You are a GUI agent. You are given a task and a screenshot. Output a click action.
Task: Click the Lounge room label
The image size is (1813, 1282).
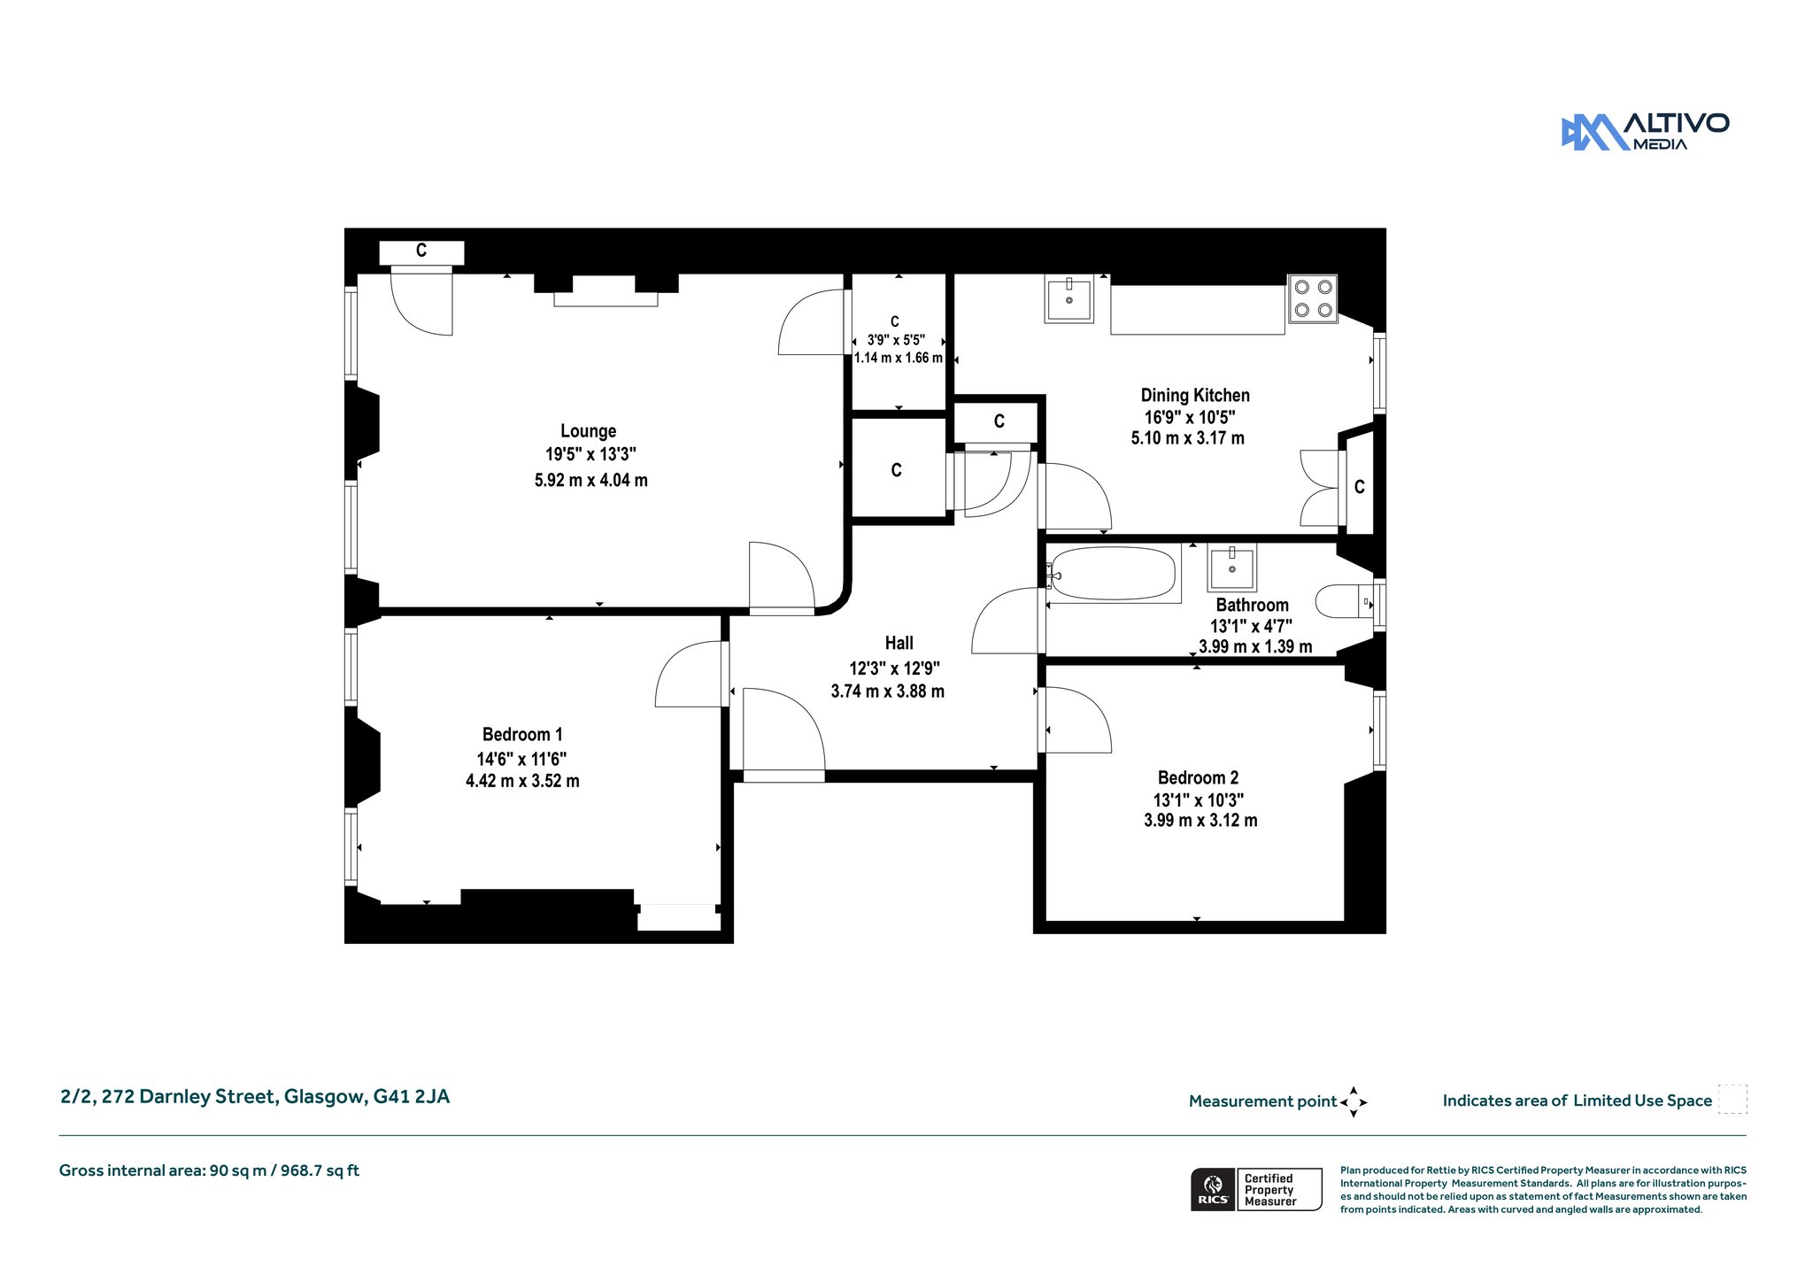click(588, 431)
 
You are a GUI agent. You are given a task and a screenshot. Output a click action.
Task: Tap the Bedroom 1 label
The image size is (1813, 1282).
click(522, 734)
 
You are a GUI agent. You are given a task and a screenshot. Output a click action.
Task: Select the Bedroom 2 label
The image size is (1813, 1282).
click(1198, 777)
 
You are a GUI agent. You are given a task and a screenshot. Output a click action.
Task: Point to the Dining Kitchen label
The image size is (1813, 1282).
click(1195, 396)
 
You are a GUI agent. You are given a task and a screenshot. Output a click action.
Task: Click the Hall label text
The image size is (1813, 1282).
click(899, 643)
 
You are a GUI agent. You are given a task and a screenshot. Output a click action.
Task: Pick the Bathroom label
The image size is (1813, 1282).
click(1252, 605)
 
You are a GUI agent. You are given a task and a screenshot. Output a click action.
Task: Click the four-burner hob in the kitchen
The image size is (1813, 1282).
click(1313, 298)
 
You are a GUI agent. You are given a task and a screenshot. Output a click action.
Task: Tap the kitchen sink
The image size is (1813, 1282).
click(1069, 298)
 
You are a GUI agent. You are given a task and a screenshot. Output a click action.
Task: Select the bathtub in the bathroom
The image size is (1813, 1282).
click(1113, 575)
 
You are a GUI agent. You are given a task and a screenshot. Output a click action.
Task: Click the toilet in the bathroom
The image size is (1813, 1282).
click(1344, 601)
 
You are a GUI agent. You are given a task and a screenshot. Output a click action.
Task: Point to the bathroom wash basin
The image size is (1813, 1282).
click(1231, 568)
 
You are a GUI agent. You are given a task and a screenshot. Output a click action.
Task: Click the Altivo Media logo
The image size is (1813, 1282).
click(1645, 132)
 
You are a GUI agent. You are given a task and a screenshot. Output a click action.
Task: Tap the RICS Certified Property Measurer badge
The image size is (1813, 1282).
click(1256, 1189)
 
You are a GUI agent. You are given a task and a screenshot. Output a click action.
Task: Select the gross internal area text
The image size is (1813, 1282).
click(209, 1170)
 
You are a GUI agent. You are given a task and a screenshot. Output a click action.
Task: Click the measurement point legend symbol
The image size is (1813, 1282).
click(1354, 1102)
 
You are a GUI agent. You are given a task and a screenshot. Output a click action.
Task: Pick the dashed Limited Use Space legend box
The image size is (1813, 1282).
click(1732, 1099)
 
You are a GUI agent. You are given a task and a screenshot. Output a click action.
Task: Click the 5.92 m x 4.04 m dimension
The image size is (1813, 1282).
click(590, 480)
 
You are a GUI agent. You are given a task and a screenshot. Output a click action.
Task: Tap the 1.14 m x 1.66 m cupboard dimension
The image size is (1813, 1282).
click(898, 358)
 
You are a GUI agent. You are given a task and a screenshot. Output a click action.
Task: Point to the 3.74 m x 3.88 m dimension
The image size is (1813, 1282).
click(887, 691)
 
